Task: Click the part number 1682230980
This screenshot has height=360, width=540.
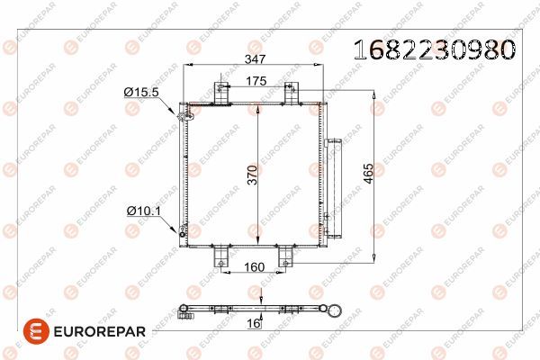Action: coord(435,49)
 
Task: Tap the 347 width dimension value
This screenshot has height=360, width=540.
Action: coord(256,58)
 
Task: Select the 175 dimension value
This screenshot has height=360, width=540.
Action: coord(256,81)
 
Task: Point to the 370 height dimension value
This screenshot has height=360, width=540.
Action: coord(253,175)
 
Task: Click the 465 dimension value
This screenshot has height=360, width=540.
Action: coord(368,174)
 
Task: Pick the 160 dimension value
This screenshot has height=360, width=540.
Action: coord(254,267)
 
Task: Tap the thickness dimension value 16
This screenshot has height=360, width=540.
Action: coord(254,323)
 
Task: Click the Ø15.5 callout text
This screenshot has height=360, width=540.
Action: coord(141,92)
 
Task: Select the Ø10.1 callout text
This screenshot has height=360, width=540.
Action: coord(144,211)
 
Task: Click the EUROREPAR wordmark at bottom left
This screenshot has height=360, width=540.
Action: coord(100,332)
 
